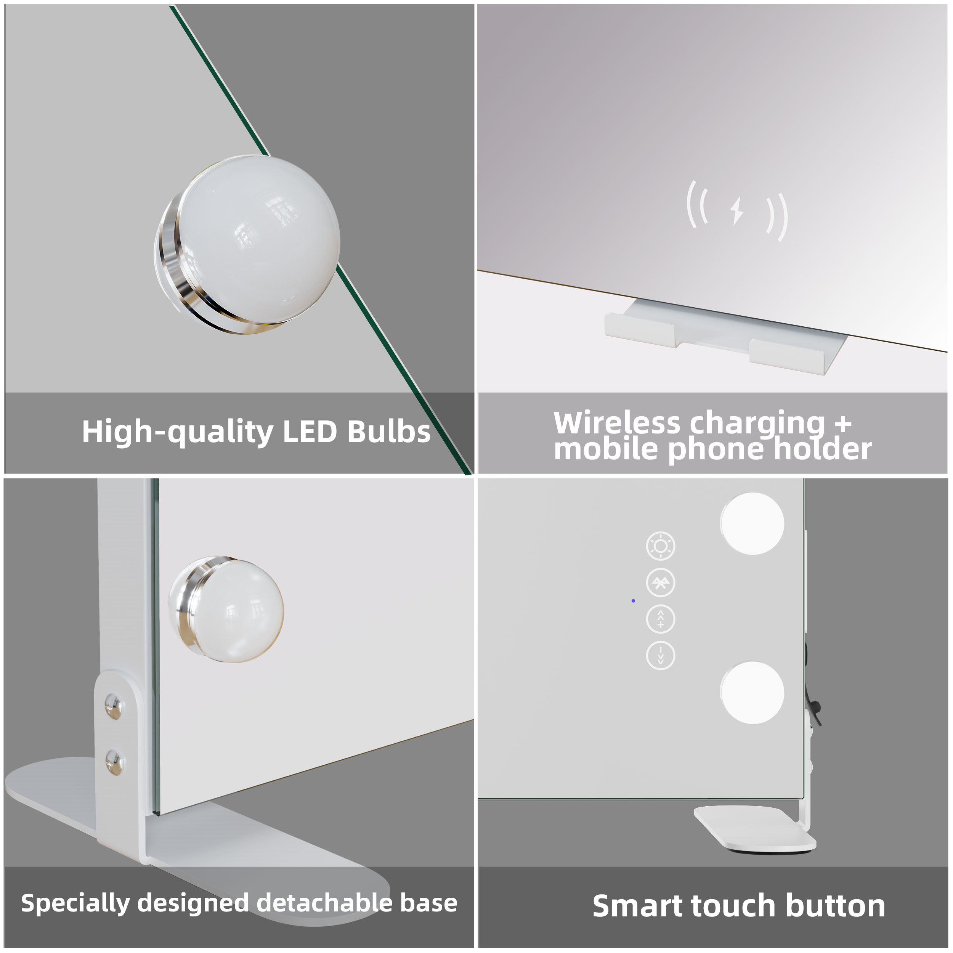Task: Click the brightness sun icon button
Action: click(661, 546)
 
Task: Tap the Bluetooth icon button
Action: click(661, 583)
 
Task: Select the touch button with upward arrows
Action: click(661, 619)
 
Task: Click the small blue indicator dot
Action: click(633, 601)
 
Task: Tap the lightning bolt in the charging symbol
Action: click(737, 211)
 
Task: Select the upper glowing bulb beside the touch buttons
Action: click(752, 523)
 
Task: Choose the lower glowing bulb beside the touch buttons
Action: click(752, 693)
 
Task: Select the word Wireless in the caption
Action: click(616, 423)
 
